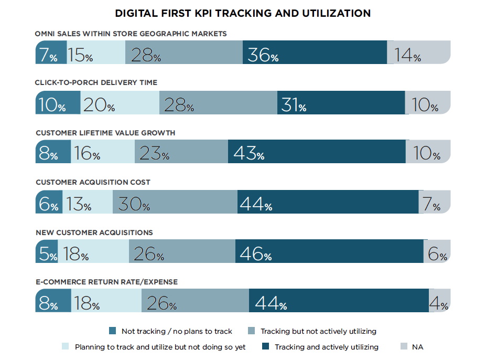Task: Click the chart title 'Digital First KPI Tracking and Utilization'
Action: tap(243, 13)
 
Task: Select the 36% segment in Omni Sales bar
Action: tap(315, 52)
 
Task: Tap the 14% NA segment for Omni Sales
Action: tap(418, 52)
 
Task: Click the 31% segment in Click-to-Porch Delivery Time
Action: tap(341, 103)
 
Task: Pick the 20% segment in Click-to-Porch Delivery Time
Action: tap(120, 103)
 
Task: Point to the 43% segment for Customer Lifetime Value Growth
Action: tap(317, 152)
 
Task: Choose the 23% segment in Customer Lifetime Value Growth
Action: tap(181, 152)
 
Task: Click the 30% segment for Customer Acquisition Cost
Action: tap(175, 202)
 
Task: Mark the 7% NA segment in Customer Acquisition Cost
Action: tap(434, 202)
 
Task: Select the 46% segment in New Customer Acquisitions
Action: tap(329, 252)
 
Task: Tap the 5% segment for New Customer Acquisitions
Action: tap(46, 252)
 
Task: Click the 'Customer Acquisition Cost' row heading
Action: tap(93, 182)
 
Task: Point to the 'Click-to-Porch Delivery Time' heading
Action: tap(96, 82)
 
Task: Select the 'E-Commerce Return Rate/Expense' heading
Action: tap(106, 282)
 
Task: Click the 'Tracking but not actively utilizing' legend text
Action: tap(318, 331)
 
